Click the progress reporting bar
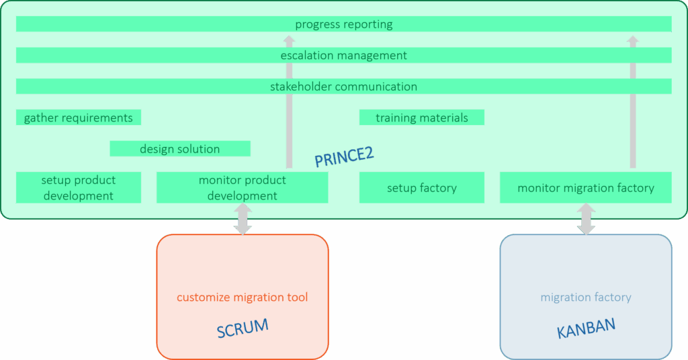343,24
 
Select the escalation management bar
343,55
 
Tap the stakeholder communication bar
343,87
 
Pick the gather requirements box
79,118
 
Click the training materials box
421,118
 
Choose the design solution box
179,148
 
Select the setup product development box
79,187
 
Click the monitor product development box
242,187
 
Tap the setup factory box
421,187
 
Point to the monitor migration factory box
585,187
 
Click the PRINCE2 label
344,156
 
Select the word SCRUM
243,328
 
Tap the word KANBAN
586,328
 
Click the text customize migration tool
243,297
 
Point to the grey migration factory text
586,297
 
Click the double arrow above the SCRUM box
243,219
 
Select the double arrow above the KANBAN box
586,219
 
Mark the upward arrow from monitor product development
290,101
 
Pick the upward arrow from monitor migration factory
632,101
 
